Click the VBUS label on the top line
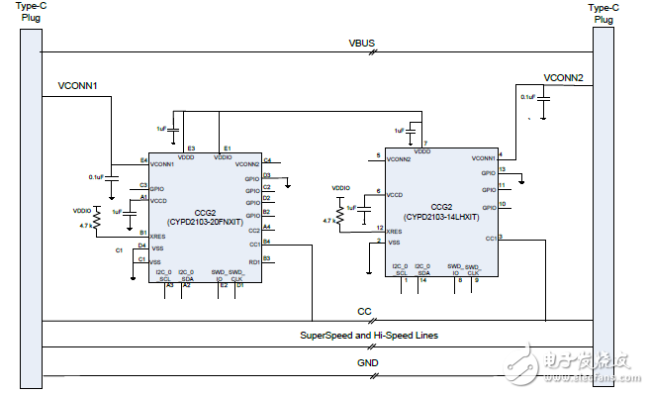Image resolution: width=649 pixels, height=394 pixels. [362, 44]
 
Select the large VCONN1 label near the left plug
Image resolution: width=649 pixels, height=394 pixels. [79, 86]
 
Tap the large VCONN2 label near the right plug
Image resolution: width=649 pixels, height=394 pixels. [563, 77]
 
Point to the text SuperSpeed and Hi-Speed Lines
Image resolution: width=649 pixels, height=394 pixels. [368, 336]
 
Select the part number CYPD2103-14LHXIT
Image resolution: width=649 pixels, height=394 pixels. [441, 215]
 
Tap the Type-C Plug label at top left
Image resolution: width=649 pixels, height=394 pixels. [31, 13]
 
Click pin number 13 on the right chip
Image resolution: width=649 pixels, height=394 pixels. [503, 169]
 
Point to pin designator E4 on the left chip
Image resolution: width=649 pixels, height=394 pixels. [143, 160]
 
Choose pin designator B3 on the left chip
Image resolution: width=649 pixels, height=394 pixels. [267, 258]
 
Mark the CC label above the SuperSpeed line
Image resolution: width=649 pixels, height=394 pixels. [363, 313]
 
